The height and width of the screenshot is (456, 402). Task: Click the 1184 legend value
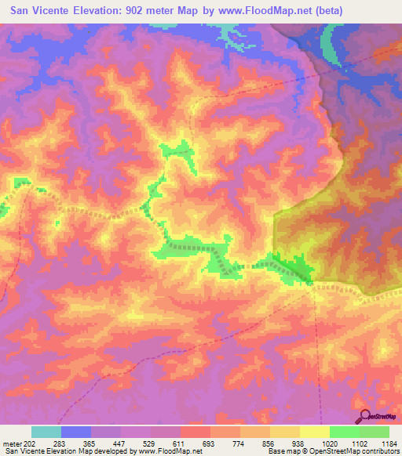pyautogui.click(x=389, y=444)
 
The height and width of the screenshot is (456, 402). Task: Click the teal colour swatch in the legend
pyautogui.click(x=46, y=432)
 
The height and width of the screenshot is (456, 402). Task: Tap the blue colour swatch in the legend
pyautogui.click(x=76, y=432)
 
